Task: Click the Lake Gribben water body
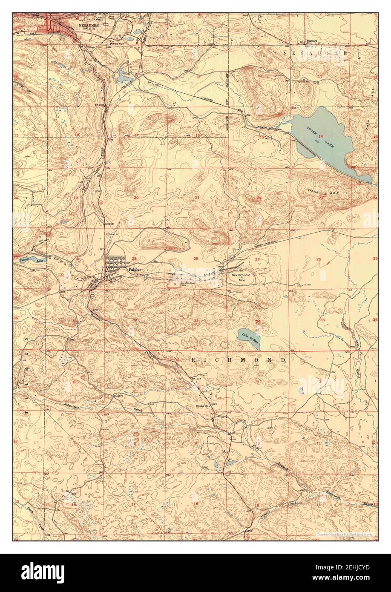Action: point(249,339)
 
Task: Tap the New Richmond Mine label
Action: point(242,277)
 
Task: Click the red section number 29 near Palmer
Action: point(134,259)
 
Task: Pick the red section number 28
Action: point(196,259)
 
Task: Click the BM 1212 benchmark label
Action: point(195,378)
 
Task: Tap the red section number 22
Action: point(259,198)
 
